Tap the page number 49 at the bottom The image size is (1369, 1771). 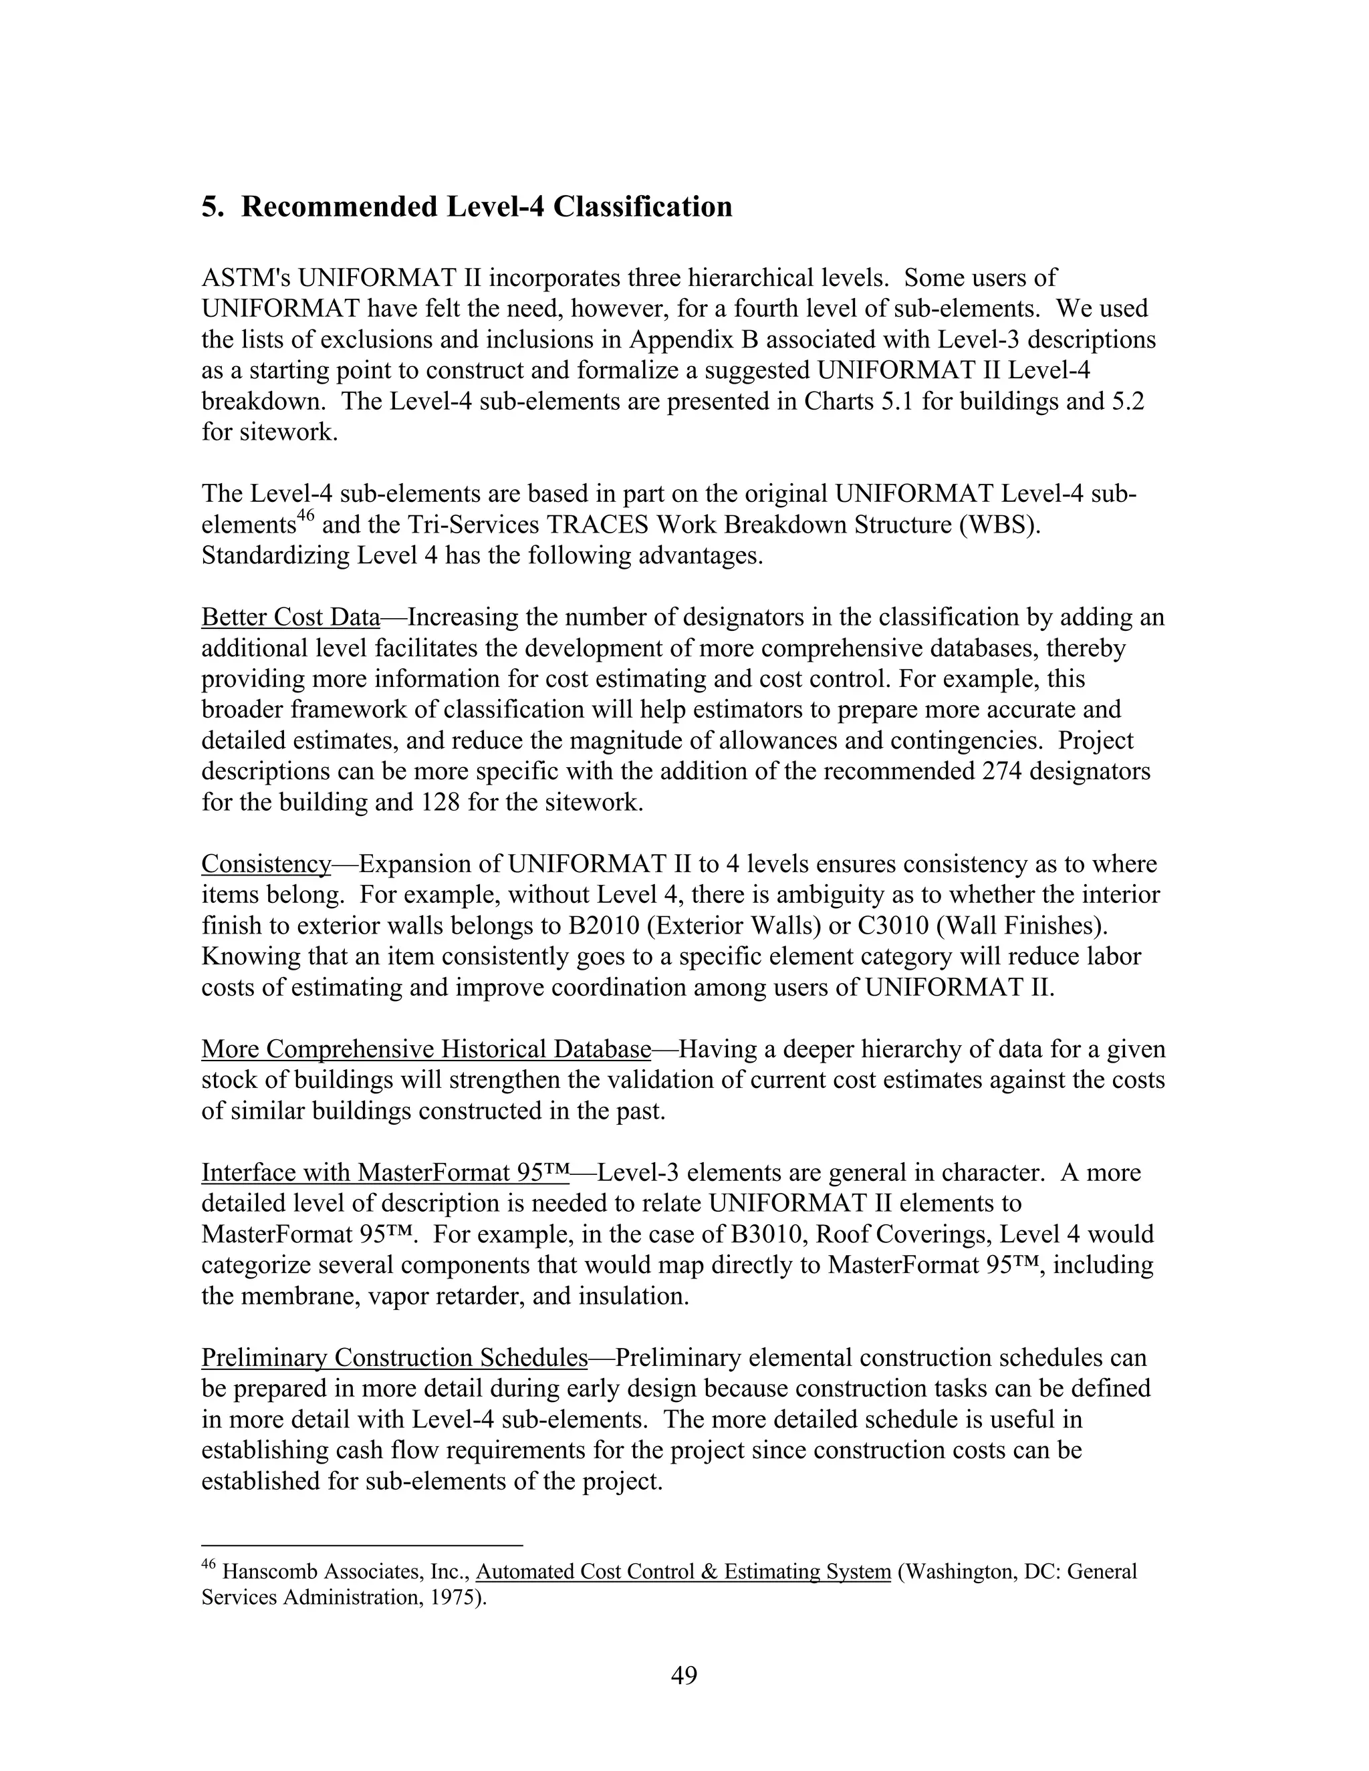pos(684,1675)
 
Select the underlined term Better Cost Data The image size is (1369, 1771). pos(290,618)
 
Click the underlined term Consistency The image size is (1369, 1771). pos(266,864)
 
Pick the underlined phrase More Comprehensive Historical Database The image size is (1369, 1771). pos(426,1049)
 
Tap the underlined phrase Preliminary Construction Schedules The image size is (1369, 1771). pos(394,1357)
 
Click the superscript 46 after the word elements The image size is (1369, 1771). pos(305,517)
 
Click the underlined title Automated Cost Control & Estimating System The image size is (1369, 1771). pos(683,1573)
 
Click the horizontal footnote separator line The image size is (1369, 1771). pos(362,1546)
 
